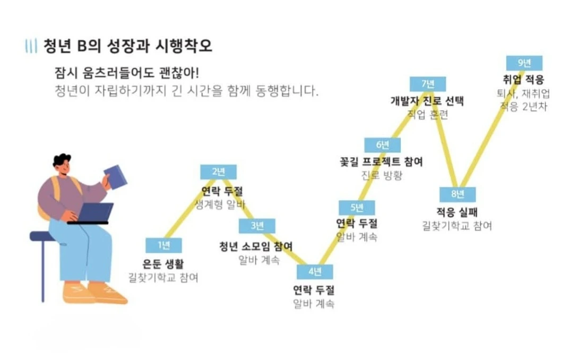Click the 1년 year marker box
pyautogui.click(x=163, y=245)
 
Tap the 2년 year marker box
pyautogui.click(x=218, y=172)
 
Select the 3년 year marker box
pyautogui.click(x=256, y=226)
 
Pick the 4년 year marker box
pyautogui.click(x=315, y=272)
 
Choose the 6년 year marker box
pyautogui.click(x=382, y=145)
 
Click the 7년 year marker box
pyautogui.click(x=427, y=84)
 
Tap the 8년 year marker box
pyautogui.click(x=457, y=194)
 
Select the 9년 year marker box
pyautogui.click(x=524, y=63)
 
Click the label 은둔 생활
pyautogui.click(x=163, y=263)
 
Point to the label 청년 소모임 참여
pyautogui.click(x=256, y=246)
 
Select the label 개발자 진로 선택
pyautogui.click(x=427, y=101)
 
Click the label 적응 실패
pyautogui.click(x=457, y=212)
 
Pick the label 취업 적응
pyautogui.click(x=523, y=80)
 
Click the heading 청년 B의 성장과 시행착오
pyautogui.click(x=127, y=46)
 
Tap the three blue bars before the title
pyautogui.click(x=31, y=46)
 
